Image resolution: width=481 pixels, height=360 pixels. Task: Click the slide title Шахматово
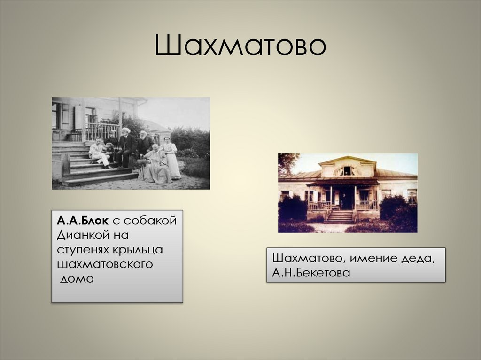(240, 46)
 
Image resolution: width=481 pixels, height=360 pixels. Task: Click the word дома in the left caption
(77, 279)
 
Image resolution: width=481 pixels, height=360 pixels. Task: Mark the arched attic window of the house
(347, 171)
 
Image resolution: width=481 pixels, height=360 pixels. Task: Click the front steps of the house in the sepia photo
(340, 217)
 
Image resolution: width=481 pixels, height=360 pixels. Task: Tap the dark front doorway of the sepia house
(347, 198)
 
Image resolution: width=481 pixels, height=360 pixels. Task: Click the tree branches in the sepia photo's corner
(287, 162)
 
